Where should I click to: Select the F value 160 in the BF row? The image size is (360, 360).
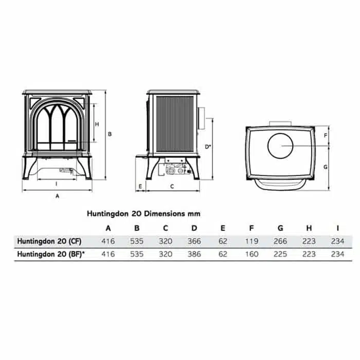coord(251,254)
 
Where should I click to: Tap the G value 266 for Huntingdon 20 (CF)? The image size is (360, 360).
coord(280,241)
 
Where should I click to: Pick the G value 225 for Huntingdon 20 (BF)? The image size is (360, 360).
coord(280,254)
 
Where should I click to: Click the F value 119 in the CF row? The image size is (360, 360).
coord(251,241)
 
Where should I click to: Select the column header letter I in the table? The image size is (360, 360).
coord(337,228)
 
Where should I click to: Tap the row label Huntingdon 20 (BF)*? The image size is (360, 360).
coord(49,254)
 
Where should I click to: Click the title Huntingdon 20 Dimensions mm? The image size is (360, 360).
coord(143,213)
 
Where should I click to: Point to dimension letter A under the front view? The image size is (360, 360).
coord(58,196)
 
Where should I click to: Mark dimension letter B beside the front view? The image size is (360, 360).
coord(110,134)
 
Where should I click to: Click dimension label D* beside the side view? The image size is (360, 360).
coord(207,147)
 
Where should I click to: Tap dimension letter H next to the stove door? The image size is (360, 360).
coord(97,124)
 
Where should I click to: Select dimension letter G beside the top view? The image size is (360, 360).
coord(326,167)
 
